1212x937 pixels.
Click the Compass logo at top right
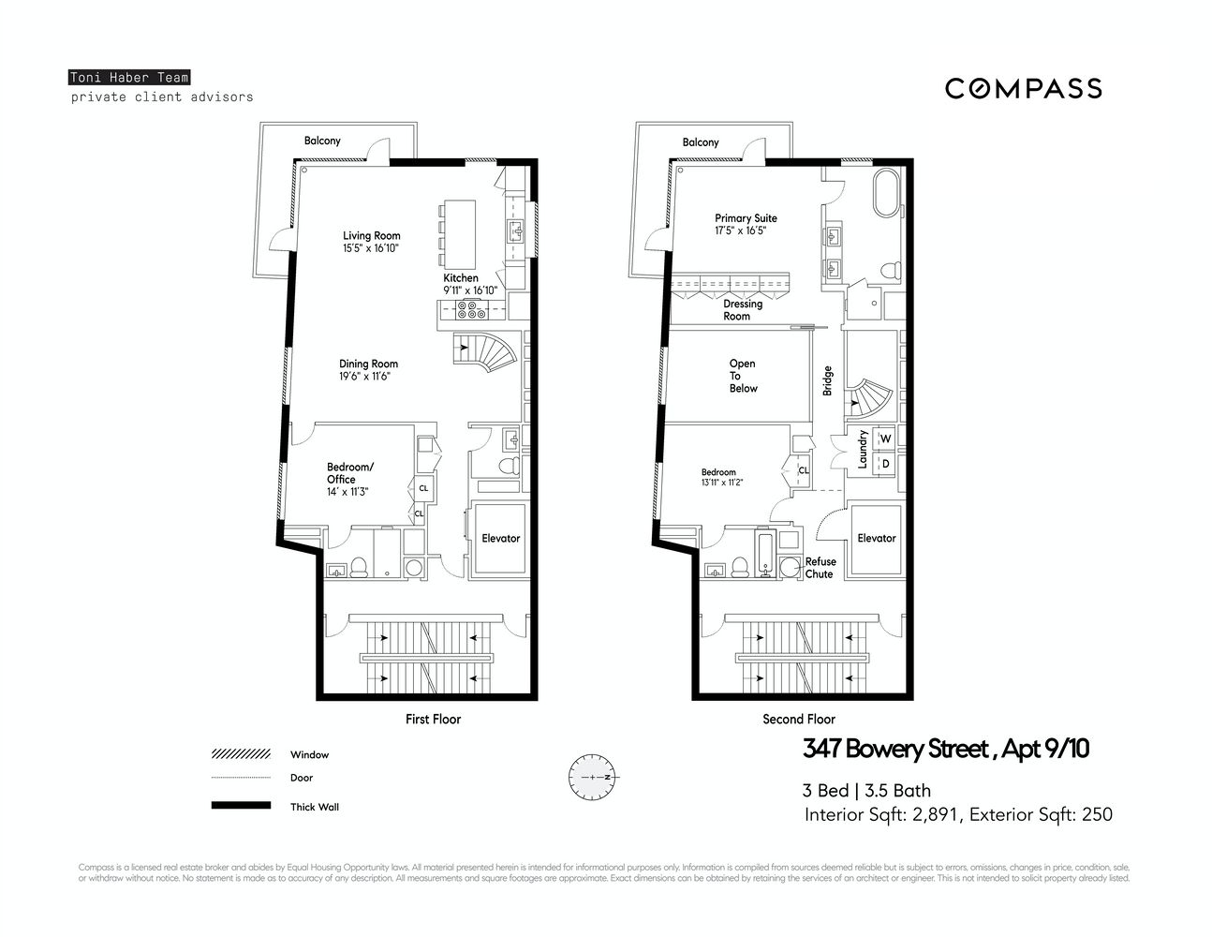(1023, 88)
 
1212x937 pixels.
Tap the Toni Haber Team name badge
(129, 78)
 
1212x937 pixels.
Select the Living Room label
(371, 236)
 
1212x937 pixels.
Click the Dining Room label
(368, 364)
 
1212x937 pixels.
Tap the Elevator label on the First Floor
(500, 538)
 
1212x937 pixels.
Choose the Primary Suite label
(746, 218)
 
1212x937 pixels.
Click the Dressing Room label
(742, 310)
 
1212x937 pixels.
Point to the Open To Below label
(743, 376)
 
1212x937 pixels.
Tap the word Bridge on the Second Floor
(827, 379)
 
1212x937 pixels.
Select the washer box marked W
(885, 439)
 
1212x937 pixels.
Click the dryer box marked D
(885, 463)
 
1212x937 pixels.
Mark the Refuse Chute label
(820, 568)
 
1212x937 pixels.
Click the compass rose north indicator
(590, 778)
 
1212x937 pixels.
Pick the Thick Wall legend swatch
(241, 806)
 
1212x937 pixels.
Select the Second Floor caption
(798, 719)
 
